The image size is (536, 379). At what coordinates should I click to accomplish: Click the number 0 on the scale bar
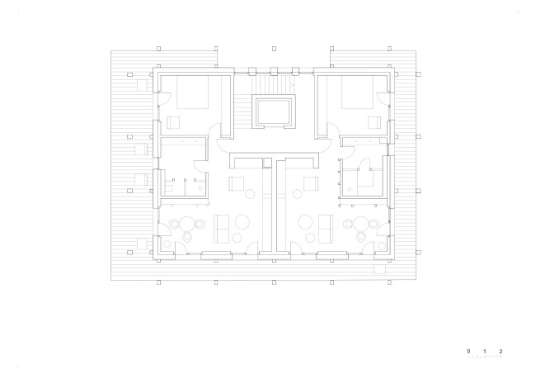tap(468, 351)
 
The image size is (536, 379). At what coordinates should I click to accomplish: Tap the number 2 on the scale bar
tap(501, 351)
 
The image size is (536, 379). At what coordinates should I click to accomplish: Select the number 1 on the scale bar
tap(485, 351)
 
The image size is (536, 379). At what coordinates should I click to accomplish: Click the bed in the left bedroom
tap(192, 92)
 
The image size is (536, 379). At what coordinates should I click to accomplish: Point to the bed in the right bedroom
tap(357, 92)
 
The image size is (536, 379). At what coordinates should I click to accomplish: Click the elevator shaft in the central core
tap(274, 112)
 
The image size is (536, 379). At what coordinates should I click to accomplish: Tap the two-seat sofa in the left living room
tap(221, 229)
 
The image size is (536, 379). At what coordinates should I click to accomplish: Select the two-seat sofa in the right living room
tap(326, 229)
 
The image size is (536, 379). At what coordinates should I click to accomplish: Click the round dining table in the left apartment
tap(187, 224)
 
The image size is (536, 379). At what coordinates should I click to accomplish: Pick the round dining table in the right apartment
tap(360, 224)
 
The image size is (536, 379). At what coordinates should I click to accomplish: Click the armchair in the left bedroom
tap(173, 122)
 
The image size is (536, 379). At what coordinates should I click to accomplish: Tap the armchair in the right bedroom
tap(374, 122)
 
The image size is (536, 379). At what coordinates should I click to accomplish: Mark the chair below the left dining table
tap(187, 237)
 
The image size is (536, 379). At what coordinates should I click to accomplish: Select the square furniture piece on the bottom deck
tap(379, 269)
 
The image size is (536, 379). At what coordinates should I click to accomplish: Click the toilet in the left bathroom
tap(168, 187)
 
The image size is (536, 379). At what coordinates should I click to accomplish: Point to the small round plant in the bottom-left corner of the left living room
tap(167, 244)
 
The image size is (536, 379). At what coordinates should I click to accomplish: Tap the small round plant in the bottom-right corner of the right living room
tap(382, 246)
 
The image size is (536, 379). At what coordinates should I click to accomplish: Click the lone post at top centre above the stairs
tap(274, 49)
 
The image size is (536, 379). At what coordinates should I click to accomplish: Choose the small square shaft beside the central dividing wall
tap(267, 163)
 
